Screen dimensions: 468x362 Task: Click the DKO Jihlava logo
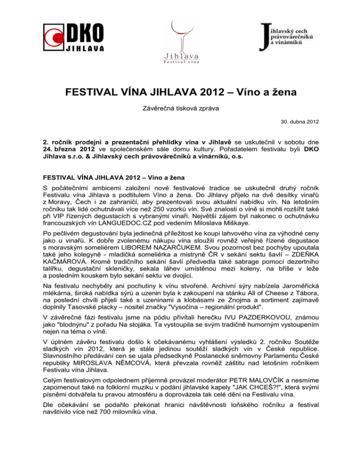click(x=73, y=36)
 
